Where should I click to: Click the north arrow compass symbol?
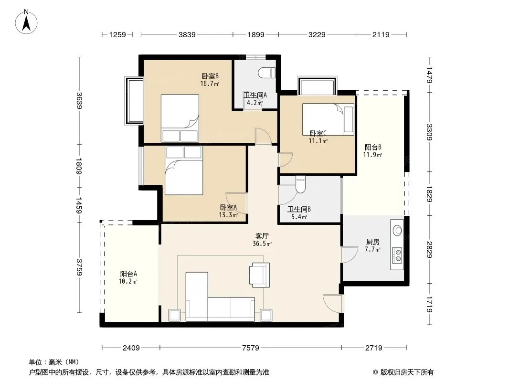click(26, 22)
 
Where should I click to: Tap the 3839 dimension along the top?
click(187, 34)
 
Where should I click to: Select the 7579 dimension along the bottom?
click(251, 348)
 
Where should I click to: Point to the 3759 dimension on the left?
click(79, 267)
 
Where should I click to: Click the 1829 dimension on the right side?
click(429, 194)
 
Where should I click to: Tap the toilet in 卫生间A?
click(267, 73)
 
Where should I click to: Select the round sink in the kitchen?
click(398, 230)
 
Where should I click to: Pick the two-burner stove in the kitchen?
click(397, 255)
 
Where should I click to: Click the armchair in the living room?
click(259, 275)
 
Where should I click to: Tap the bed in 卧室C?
click(328, 119)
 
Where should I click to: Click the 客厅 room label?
click(262, 236)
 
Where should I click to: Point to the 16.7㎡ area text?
click(210, 84)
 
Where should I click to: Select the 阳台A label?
click(128, 274)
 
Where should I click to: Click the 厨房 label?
click(372, 242)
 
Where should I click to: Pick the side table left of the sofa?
click(175, 315)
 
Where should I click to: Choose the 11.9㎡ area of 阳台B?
click(372, 155)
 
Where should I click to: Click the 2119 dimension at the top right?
click(381, 34)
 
